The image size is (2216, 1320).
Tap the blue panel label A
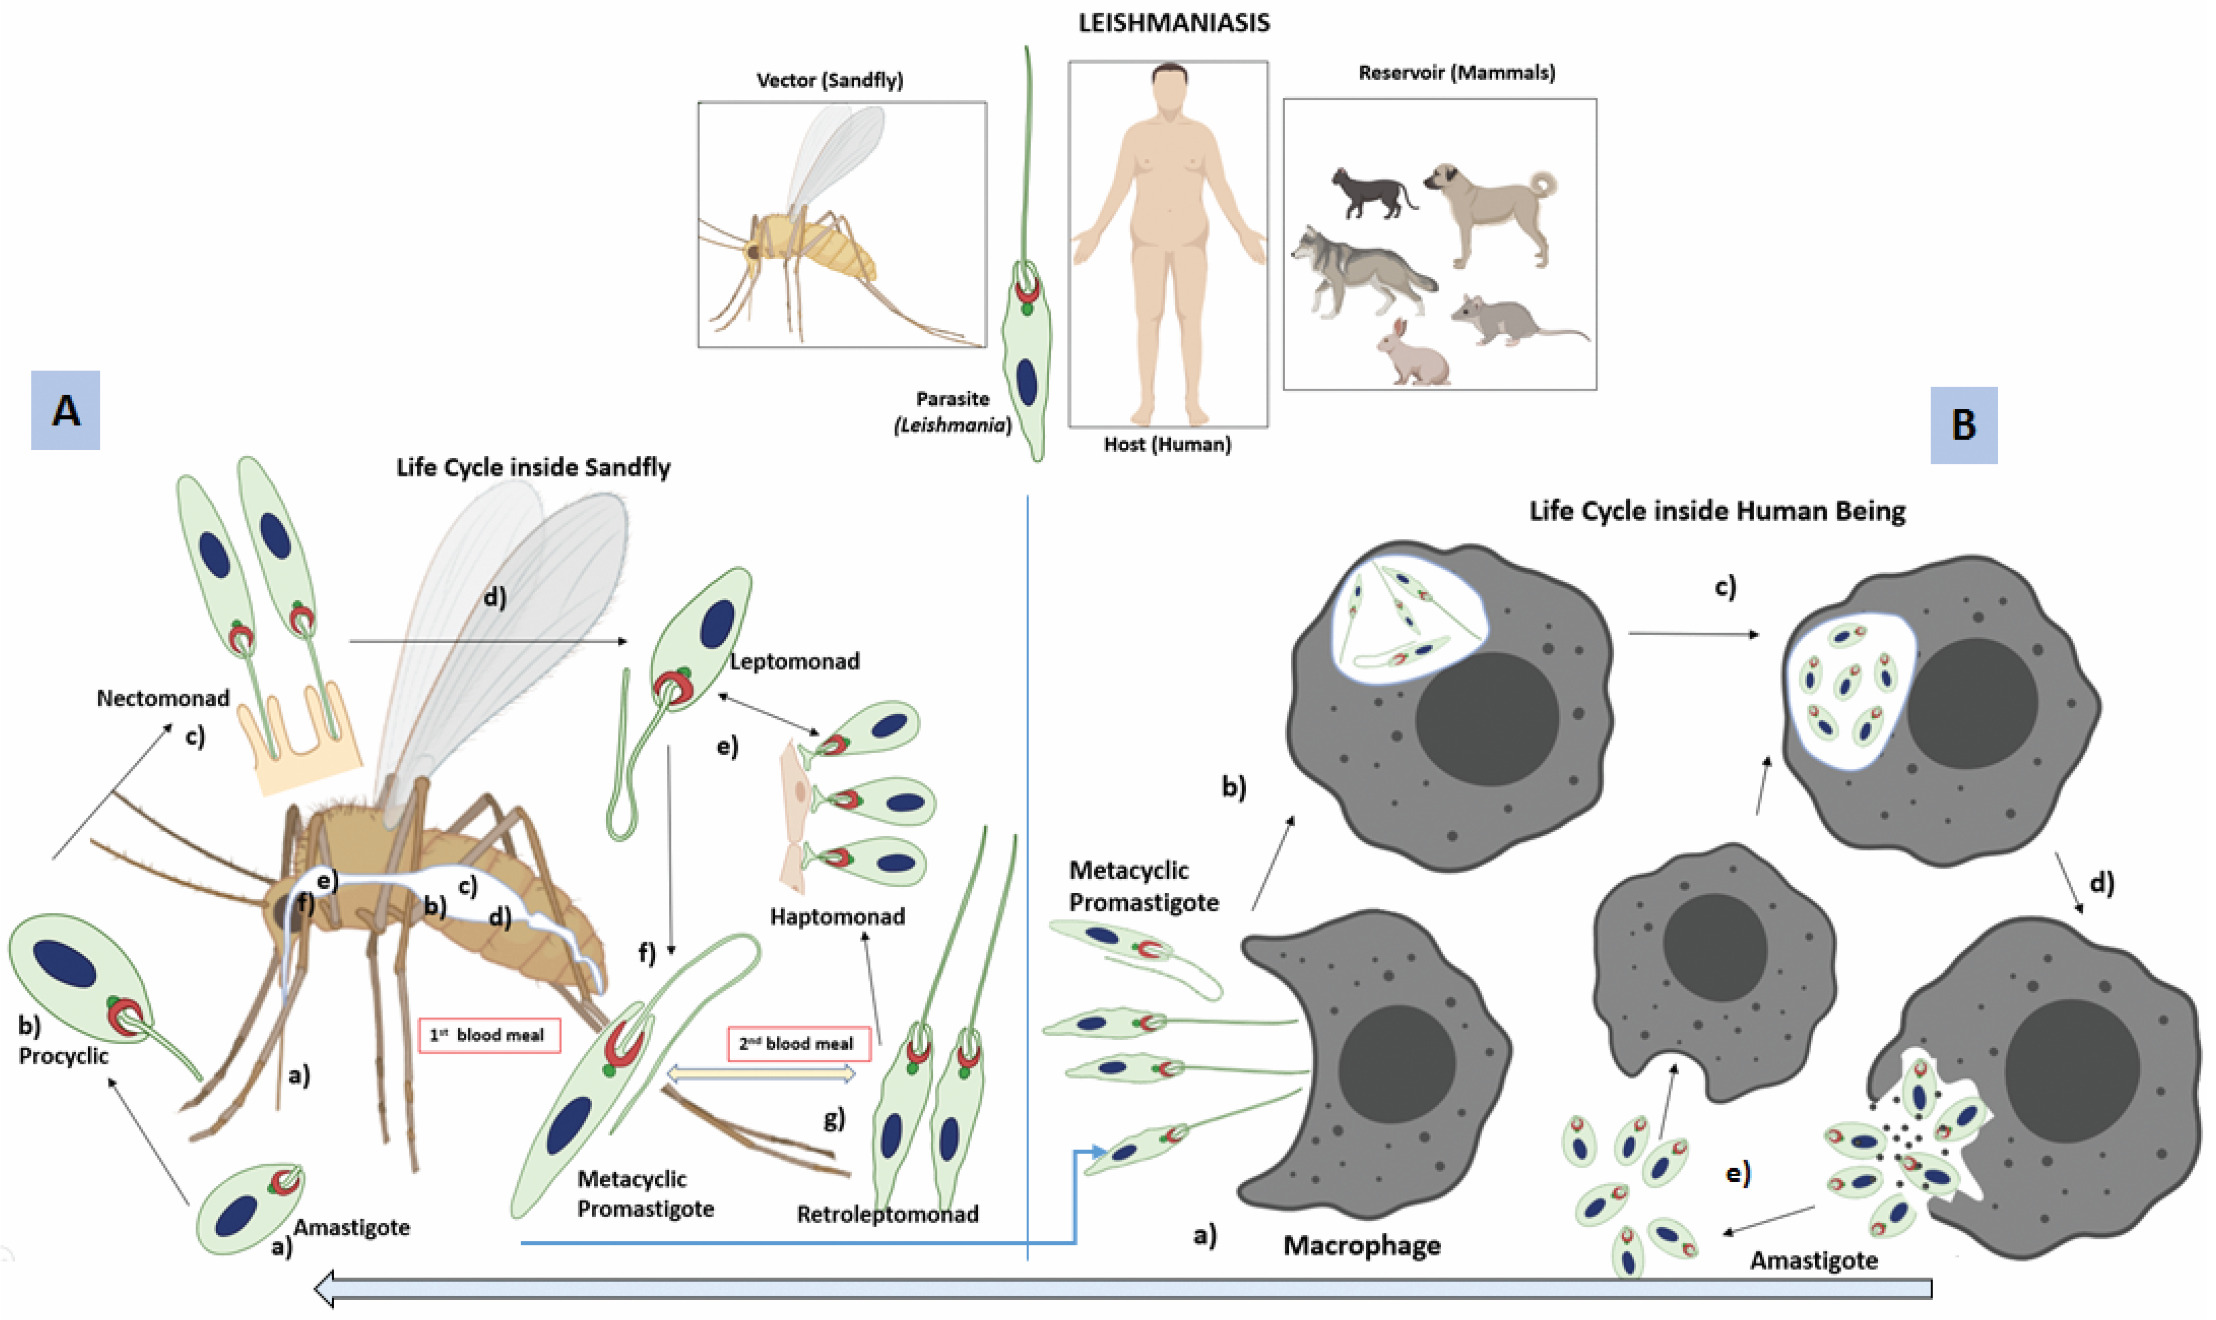point(66,410)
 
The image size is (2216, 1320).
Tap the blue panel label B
point(1963,425)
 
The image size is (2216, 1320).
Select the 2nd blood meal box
point(798,1043)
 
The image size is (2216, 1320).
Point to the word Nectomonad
point(163,698)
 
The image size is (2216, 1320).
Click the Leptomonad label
point(794,661)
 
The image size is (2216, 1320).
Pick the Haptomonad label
point(837,916)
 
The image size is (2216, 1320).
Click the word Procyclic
point(63,1056)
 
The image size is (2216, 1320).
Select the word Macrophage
point(1361,1245)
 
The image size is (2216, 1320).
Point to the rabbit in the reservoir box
point(1412,354)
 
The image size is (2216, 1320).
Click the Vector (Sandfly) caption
point(829,80)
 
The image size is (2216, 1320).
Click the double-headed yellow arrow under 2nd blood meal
point(760,1074)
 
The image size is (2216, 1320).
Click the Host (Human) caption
point(1167,444)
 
